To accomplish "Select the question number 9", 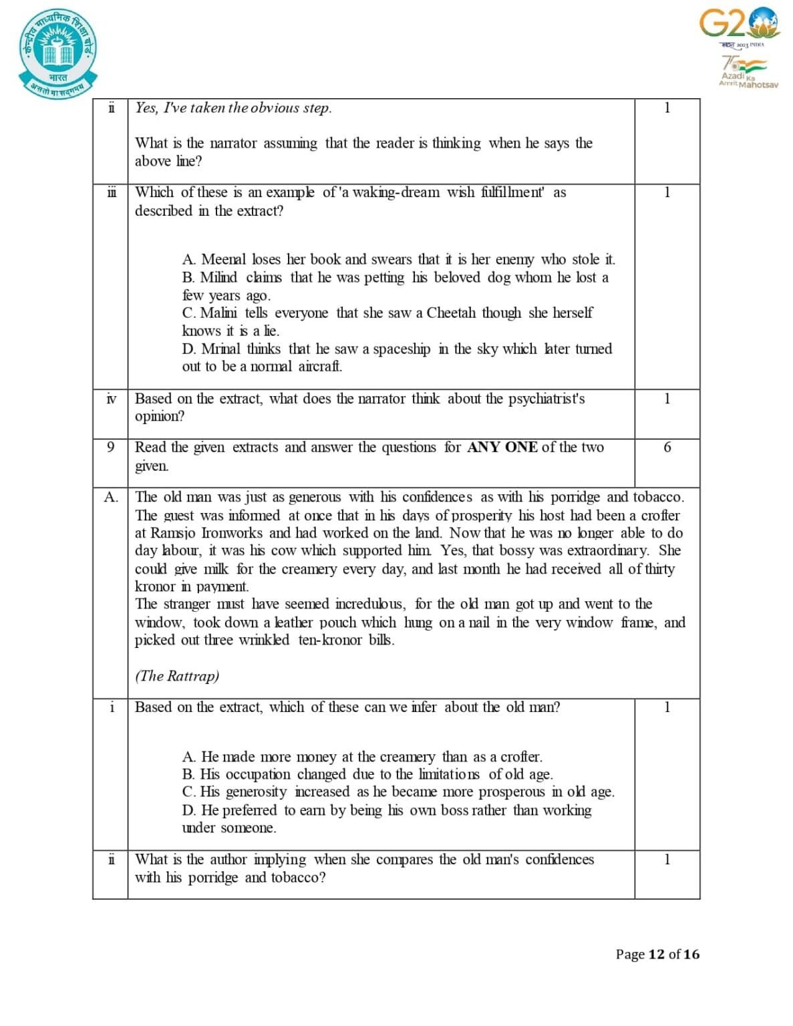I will point(110,448).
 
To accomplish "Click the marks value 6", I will point(667,448).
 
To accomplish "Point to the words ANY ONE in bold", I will point(502,448).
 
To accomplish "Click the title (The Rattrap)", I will point(177,676).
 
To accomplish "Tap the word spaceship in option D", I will point(402,349).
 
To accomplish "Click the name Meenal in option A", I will point(224,259).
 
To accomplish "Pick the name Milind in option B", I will point(218,277).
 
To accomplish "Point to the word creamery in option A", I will point(406,757).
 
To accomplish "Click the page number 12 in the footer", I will point(657,955).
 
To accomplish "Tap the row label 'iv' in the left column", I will point(111,399).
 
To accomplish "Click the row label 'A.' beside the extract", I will point(111,497).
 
